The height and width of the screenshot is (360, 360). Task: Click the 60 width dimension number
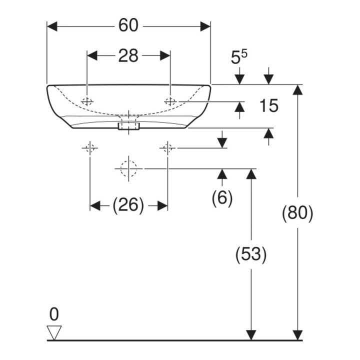pos(128,25)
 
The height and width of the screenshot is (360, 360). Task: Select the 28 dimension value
pos(128,55)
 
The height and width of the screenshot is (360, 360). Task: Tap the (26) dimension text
pos(128,205)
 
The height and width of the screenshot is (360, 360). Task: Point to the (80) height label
pos(297,213)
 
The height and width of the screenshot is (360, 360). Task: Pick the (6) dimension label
pos(222,197)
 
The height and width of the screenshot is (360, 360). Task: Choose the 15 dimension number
pos(268,105)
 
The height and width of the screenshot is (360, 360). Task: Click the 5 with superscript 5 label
pos(239,57)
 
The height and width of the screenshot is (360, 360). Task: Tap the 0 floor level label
pos(54,314)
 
